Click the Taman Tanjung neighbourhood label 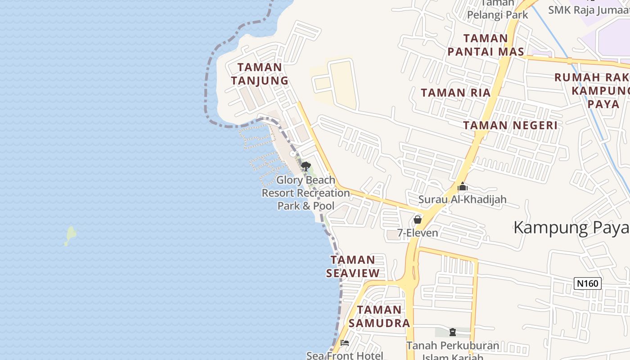tap(259, 74)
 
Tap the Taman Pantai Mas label tap(486, 45)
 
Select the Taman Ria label tap(455, 93)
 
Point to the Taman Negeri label tap(510, 125)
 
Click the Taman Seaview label tap(353, 266)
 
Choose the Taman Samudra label tap(379, 316)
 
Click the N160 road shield tap(588, 283)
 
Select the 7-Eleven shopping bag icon tap(418, 220)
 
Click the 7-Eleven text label tap(418, 233)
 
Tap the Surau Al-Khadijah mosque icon tap(462, 186)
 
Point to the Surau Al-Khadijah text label tap(462, 199)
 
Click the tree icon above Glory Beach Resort tap(306, 166)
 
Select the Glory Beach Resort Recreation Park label tap(306, 193)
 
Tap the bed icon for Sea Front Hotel tap(345, 343)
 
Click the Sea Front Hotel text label tap(345, 355)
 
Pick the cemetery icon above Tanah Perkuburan tap(453, 333)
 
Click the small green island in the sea tap(70, 235)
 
